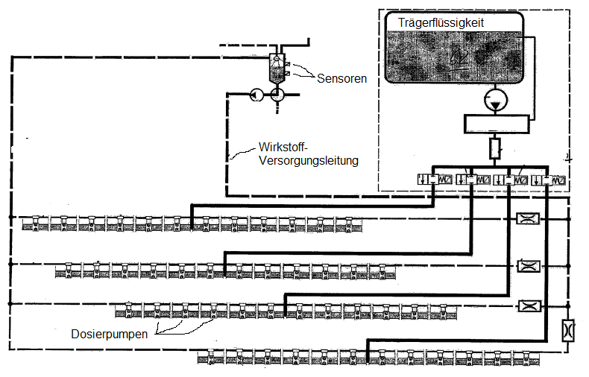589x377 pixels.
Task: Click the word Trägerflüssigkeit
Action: [441, 23]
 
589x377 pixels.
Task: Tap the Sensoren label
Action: [341, 78]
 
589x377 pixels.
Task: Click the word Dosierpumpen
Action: [110, 335]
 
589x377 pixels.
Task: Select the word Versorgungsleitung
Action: [309, 161]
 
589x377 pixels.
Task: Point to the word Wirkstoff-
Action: [283, 148]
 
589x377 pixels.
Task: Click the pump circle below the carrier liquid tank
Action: [496, 101]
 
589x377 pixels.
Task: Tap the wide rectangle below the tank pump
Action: [497, 124]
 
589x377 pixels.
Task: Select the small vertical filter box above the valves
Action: [495, 148]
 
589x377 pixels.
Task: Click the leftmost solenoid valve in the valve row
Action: [435, 180]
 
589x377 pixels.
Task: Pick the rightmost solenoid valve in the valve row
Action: [549, 180]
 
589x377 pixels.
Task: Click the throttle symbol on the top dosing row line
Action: [528, 218]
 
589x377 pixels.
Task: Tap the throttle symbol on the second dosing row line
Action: [529, 266]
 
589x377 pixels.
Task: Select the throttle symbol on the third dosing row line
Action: [529, 306]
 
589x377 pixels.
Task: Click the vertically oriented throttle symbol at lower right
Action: [568, 331]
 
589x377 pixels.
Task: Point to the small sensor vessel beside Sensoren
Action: [277, 68]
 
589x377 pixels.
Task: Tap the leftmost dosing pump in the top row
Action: [35, 224]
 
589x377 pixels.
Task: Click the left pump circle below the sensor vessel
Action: [256, 95]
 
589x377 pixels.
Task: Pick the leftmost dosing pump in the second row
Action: [69, 270]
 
